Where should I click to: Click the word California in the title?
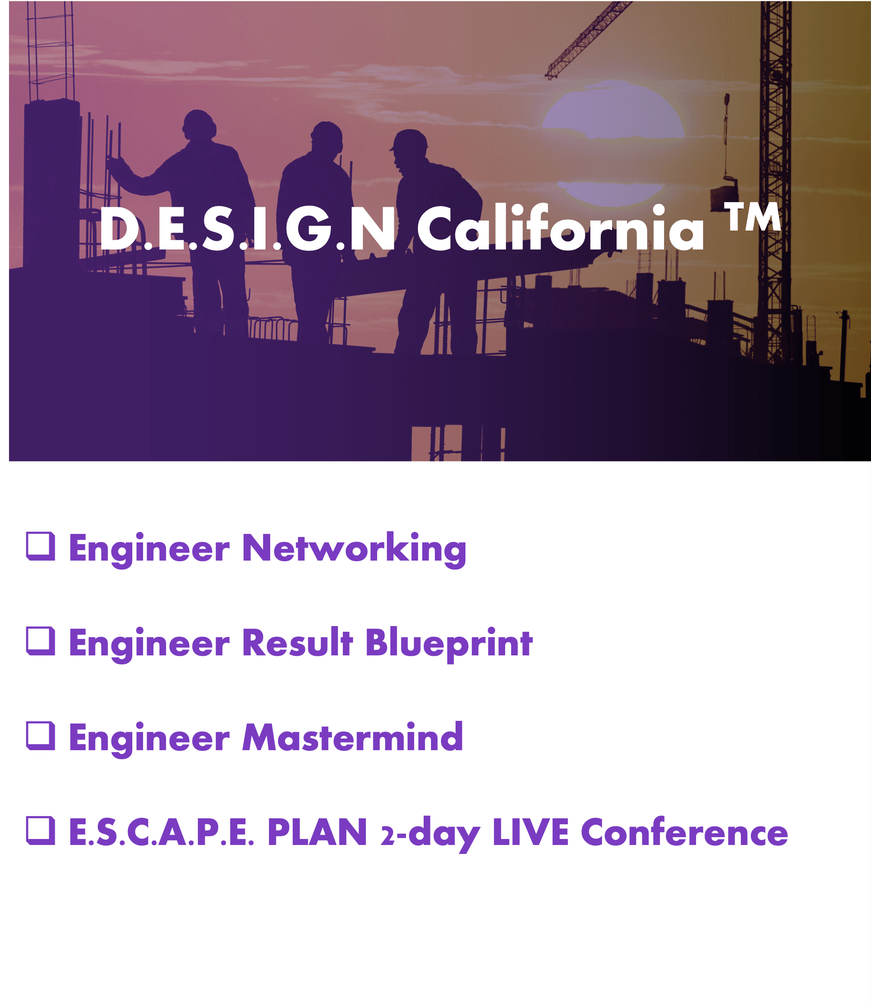(560, 227)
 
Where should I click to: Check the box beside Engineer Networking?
(41, 546)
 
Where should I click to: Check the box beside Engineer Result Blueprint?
(41, 641)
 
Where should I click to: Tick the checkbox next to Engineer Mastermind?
(41, 736)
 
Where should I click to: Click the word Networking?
(354, 550)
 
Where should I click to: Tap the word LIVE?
(530, 832)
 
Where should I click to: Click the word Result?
(297, 642)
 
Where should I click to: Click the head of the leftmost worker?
(199, 125)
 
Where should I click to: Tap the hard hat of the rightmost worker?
(409, 140)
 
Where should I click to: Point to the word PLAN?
(317, 832)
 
